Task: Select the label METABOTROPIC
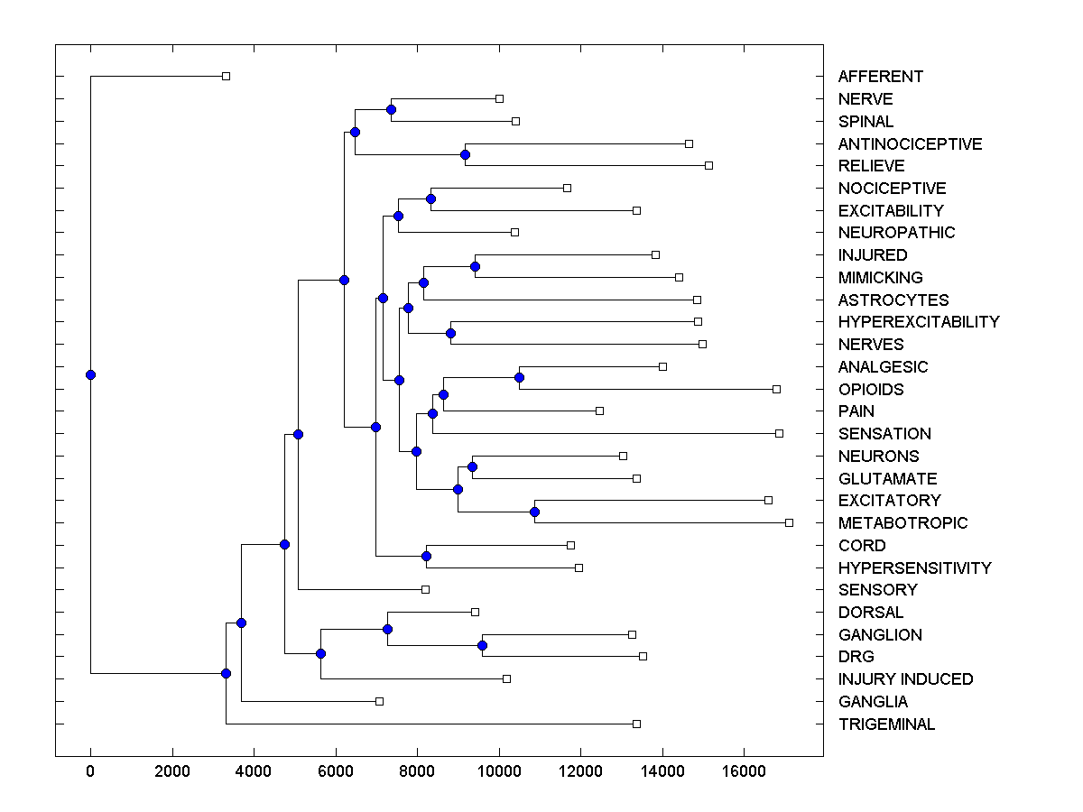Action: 902,523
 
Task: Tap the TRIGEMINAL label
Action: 886,724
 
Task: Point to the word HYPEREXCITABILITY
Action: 919,322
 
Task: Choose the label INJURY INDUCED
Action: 905,679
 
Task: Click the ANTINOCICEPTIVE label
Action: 910,144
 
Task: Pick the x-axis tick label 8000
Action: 417,771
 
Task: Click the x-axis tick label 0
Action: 90,771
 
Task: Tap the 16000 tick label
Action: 744,771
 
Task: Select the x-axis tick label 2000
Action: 172,771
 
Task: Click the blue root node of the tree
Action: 90,374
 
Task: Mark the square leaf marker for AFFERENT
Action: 227,77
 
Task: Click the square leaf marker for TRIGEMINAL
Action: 636,724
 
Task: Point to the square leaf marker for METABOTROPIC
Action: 789,522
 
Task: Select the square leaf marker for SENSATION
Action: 779,433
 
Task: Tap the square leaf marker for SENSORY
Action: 425,589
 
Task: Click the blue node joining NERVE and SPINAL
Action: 391,110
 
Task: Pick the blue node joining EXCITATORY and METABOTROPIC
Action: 534,512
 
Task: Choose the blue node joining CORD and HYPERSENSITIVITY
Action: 426,556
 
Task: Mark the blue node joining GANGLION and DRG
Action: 482,645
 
